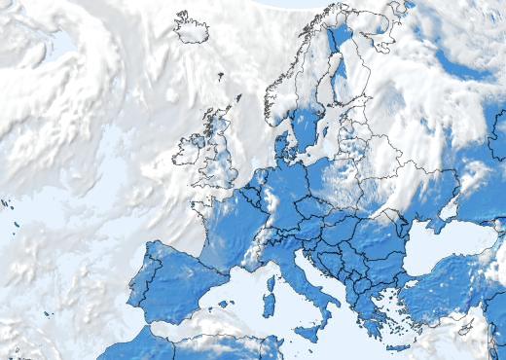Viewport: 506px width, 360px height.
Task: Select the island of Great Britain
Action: point(220,161)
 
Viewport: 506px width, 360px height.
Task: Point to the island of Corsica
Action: point(271,285)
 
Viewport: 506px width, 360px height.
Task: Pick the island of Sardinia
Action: point(270,305)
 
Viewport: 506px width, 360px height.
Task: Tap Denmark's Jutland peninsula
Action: point(282,147)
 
